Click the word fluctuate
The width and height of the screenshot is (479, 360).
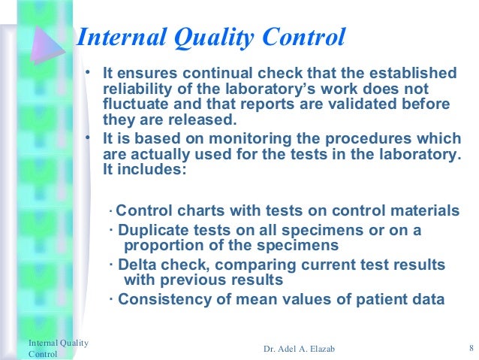(133, 104)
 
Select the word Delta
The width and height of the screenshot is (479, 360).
(137, 265)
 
